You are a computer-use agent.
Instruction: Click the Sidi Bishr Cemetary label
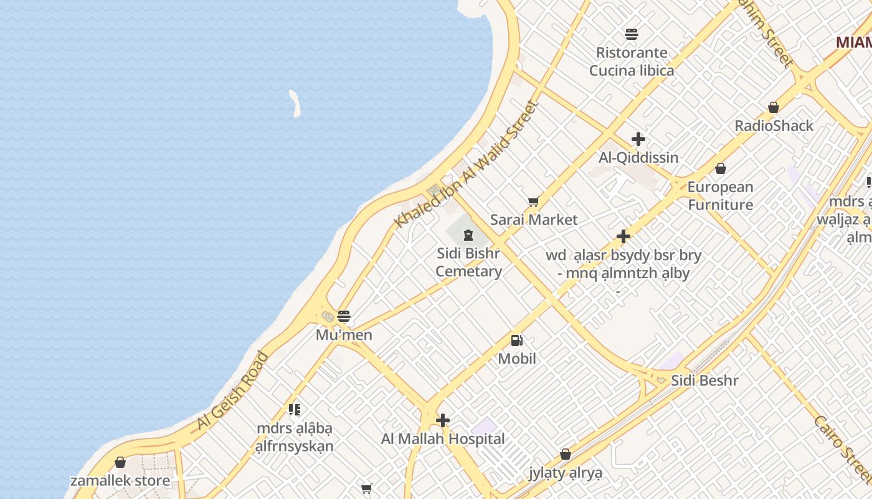click(x=468, y=263)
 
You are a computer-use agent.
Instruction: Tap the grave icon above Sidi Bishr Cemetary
click(x=468, y=235)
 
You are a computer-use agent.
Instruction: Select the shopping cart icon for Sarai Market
click(x=533, y=201)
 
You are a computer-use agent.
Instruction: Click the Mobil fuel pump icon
click(x=516, y=340)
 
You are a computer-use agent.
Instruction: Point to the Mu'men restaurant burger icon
click(x=344, y=316)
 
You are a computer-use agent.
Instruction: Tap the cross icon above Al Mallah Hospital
click(x=443, y=420)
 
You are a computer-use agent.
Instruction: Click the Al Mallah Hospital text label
click(x=443, y=439)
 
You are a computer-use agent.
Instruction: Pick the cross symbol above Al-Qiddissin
click(x=638, y=139)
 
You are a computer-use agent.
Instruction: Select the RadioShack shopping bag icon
click(x=774, y=107)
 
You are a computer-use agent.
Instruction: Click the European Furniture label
click(x=720, y=196)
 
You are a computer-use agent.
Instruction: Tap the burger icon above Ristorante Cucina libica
click(x=632, y=34)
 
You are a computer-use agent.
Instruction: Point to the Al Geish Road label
click(x=232, y=391)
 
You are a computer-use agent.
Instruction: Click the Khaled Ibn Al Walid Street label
click(x=466, y=163)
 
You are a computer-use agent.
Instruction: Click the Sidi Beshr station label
click(x=704, y=380)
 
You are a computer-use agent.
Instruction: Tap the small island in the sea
click(x=295, y=103)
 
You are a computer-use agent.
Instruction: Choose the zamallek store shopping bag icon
click(x=120, y=462)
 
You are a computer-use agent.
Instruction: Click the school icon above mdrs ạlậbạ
click(x=295, y=410)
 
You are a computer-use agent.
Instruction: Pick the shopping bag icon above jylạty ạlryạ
click(x=566, y=454)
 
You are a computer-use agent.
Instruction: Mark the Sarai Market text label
click(x=534, y=220)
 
